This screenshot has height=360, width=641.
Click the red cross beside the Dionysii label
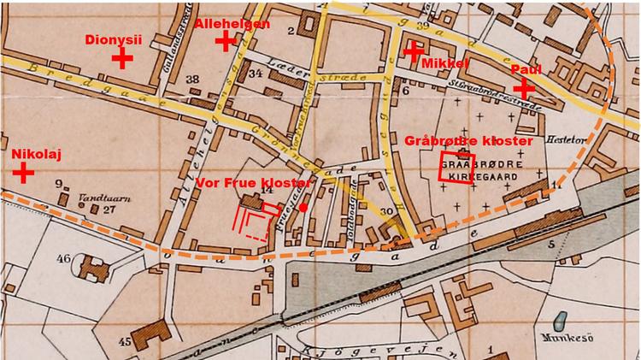pos(122,58)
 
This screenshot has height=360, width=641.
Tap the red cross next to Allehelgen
pos(226,40)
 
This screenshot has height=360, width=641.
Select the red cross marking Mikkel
pos(413,51)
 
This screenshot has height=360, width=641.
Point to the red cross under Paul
pos(523,87)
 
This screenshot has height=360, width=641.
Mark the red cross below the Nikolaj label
pos(23,173)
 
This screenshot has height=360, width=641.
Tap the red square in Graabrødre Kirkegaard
pos(454,167)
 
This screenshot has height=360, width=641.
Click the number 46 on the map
pos(65,257)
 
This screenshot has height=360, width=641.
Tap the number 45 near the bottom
pos(125,341)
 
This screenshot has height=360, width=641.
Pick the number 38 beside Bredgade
pos(192,80)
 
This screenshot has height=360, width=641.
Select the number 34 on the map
pos(255,74)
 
